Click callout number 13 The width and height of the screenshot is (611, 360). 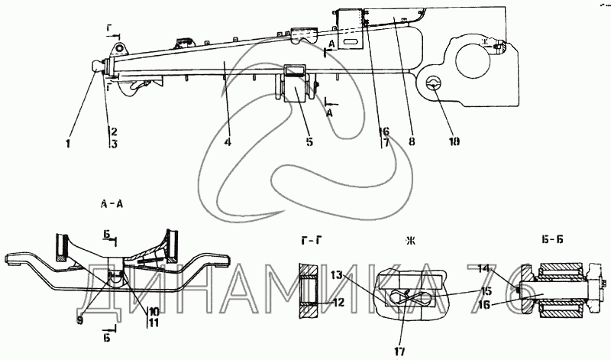(x=338, y=274)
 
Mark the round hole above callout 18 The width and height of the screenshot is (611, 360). (x=432, y=83)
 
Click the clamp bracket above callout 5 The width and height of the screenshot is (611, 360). (x=298, y=71)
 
